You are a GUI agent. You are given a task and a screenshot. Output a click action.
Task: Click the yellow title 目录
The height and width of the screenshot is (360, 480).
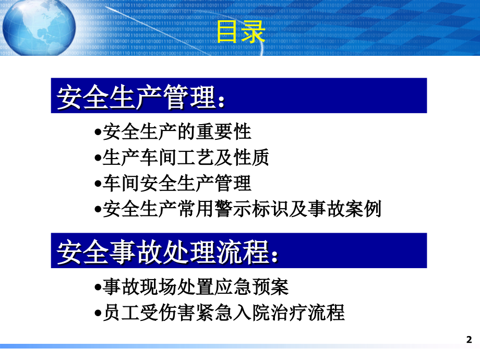click(241, 32)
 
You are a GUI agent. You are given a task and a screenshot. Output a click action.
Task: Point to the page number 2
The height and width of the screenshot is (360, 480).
click(467, 339)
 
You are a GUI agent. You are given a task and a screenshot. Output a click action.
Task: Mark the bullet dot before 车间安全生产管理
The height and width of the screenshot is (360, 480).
click(98, 185)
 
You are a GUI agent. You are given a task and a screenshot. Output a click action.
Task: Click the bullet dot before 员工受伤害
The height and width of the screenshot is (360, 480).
click(98, 315)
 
